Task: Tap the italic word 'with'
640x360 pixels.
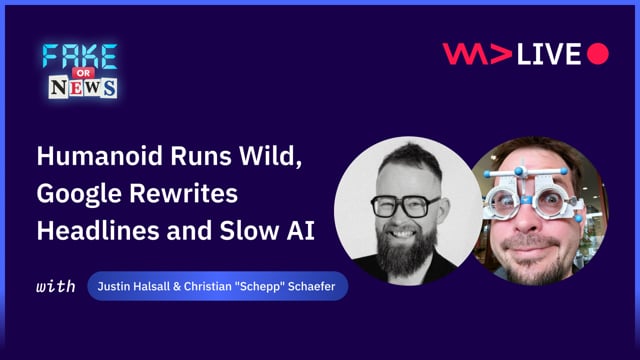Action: point(56,287)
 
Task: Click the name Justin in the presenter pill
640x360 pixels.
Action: point(115,287)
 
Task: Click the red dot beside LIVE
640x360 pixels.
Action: point(598,54)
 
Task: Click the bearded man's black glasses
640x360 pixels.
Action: point(403,206)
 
